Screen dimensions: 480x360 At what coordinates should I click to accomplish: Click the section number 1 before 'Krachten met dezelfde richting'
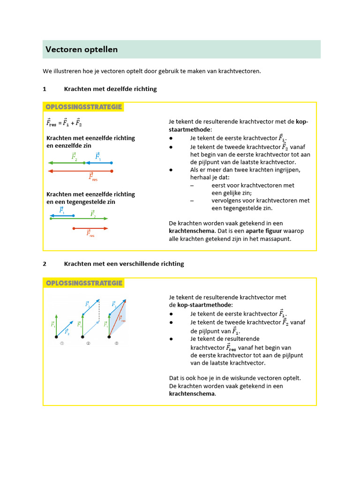click(x=45, y=89)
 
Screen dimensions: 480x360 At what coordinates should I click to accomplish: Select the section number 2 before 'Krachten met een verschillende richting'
click(x=45, y=264)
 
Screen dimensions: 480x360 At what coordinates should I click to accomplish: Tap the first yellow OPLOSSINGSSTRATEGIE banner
click(x=83, y=107)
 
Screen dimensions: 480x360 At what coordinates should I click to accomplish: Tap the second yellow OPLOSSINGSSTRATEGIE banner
click(x=83, y=283)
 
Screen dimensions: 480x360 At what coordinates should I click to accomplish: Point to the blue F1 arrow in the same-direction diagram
click(x=98, y=163)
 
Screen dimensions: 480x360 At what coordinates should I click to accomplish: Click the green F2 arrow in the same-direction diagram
click(x=66, y=163)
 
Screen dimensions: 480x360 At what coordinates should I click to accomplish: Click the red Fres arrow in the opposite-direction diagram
click(x=90, y=228)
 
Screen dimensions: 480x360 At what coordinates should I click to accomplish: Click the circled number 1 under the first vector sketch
click(x=61, y=344)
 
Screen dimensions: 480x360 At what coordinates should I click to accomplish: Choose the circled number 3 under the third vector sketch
click(x=117, y=344)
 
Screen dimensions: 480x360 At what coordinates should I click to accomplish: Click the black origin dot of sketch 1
click(x=56, y=337)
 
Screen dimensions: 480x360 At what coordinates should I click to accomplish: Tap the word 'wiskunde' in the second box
click(x=248, y=378)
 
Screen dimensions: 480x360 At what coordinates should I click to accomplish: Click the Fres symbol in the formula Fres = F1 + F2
click(x=51, y=123)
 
